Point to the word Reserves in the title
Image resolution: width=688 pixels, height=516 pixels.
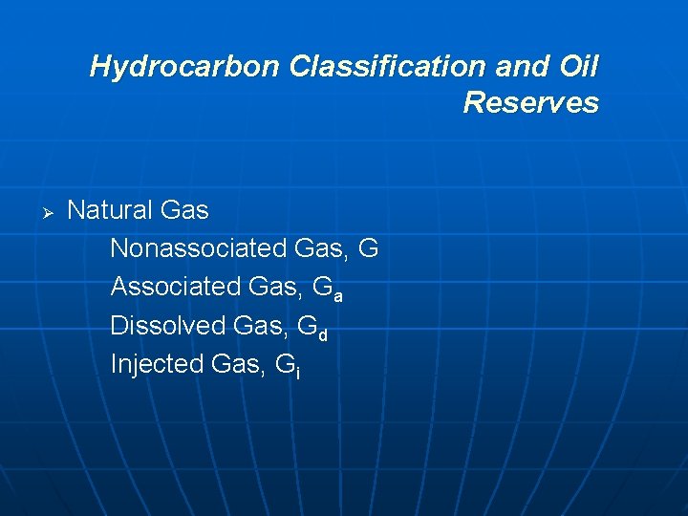(x=530, y=102)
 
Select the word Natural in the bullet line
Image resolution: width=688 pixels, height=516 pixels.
(x=111, y=209)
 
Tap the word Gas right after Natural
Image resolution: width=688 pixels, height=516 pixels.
(x=184, y=209)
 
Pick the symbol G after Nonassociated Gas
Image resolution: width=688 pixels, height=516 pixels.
(x=369, y=248)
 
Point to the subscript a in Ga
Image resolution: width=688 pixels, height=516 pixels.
(x=338, y=295)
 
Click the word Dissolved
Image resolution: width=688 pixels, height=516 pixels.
(x=168, y=326)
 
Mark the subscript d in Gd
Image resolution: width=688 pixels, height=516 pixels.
(x=323, y=334)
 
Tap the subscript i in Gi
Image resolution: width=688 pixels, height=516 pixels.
(x=298, y=373)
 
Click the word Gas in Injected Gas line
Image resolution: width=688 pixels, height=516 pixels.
(x=245, y=364)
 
